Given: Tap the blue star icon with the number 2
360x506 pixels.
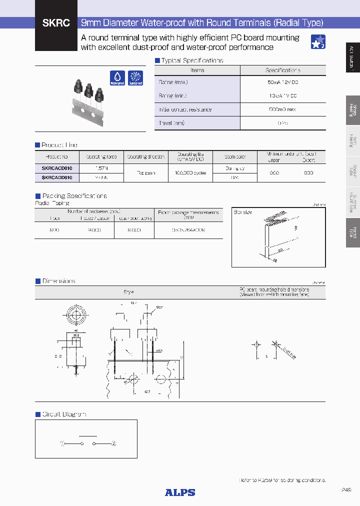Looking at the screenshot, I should (318, 42).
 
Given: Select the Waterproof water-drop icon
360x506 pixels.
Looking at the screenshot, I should (117, 77).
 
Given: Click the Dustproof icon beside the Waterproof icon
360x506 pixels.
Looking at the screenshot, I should (135, 77).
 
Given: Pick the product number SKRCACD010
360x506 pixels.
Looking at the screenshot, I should (57, 169).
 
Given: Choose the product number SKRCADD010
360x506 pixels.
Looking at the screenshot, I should (57, 177).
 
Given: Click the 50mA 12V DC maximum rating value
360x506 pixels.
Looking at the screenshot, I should (282, 82).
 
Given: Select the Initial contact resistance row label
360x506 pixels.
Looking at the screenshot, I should (185, 109).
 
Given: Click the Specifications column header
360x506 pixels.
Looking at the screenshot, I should (282, 70).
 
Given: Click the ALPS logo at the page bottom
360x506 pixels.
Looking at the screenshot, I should (180, 492).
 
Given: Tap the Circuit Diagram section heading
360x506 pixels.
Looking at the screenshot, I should (64, 414).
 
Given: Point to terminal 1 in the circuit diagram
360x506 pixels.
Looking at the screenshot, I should (63, 443).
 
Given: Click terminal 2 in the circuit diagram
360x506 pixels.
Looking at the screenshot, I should (113, 443).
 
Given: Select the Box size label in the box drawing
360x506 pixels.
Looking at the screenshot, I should (243, 212).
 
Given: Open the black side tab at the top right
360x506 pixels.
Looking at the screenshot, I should (352, 57).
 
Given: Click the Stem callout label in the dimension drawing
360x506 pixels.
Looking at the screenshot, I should (159, 307).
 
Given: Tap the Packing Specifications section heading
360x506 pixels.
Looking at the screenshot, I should (74, 196).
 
